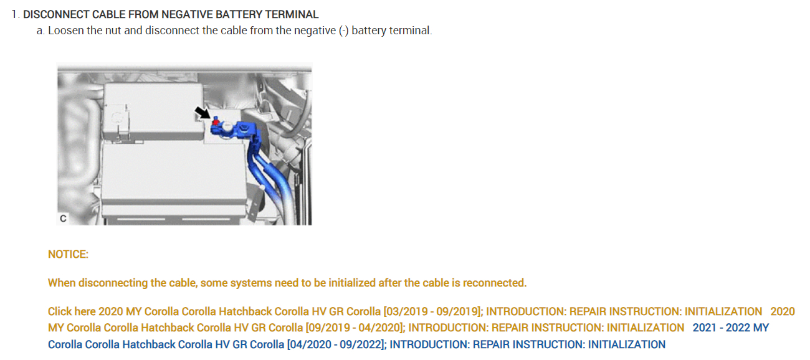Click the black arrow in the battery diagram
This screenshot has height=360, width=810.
coord(203,113)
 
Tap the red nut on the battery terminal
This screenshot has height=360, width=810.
coord(216,123)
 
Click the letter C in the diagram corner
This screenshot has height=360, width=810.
coord(63,219)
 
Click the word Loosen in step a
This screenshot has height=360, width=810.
coord(66,31)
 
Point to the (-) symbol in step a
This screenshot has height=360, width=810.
coord(343,31)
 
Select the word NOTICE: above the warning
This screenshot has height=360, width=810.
coord(68,254)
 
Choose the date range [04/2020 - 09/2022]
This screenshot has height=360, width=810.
coord(336,344)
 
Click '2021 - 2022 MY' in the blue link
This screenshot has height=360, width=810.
coord(730,328)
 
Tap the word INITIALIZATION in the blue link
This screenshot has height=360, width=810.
coord(626,344)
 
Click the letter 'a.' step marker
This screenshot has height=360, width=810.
coord(41,31)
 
